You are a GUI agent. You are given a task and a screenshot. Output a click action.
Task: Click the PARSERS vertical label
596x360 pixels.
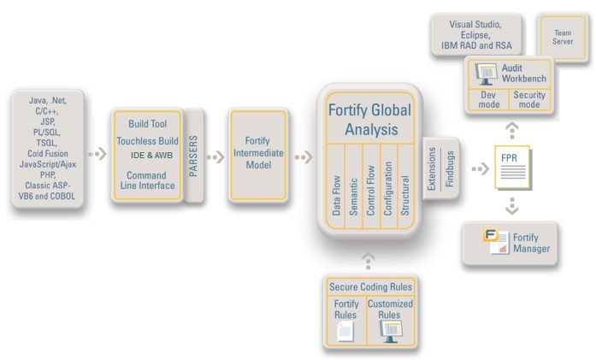(x=193, y=156)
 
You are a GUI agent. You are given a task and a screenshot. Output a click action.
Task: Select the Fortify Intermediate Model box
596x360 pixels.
(x=258, y=155)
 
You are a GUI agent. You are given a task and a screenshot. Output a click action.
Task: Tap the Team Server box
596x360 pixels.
(x=563, y=38)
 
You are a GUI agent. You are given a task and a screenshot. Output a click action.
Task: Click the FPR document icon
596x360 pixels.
(x=513, y=168)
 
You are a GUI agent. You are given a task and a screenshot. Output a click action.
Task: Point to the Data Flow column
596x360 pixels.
(x=336, y=186)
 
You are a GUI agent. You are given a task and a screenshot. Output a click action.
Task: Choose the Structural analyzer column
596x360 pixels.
(x=405, y=186)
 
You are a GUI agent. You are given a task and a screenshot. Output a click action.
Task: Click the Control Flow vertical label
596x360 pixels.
(x=370, y=190)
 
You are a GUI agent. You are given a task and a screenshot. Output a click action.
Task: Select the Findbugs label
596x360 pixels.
(x=450, y=168)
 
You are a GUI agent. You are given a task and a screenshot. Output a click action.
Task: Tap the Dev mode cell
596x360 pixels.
(x=488, y=99)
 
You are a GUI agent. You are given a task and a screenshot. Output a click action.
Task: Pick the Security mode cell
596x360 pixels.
(x=529, y=99)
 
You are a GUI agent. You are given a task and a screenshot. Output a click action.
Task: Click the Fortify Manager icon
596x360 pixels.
(x=496, y=240)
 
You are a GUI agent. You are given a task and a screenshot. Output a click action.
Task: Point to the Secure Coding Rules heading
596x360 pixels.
(x=370, y=286)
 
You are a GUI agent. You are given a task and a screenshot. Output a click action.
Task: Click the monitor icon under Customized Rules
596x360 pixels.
(x=391, y=332)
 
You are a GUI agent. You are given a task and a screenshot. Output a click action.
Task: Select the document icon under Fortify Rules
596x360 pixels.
(x=345, y=331)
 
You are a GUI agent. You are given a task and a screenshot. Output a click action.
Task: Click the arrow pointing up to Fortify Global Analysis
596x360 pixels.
(x=368, y=261)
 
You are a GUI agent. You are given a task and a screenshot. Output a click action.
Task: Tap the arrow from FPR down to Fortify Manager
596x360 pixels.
(x=512, y=206)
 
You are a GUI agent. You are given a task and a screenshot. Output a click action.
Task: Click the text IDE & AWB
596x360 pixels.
(x=151, y=155)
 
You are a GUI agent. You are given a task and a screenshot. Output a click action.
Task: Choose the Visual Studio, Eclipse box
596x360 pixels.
(x=476, y=35)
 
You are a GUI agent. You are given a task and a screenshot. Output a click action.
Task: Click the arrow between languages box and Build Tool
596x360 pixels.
(x=97, y=154)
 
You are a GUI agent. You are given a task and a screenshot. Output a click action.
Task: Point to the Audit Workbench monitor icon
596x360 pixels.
(x=486, y=74)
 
